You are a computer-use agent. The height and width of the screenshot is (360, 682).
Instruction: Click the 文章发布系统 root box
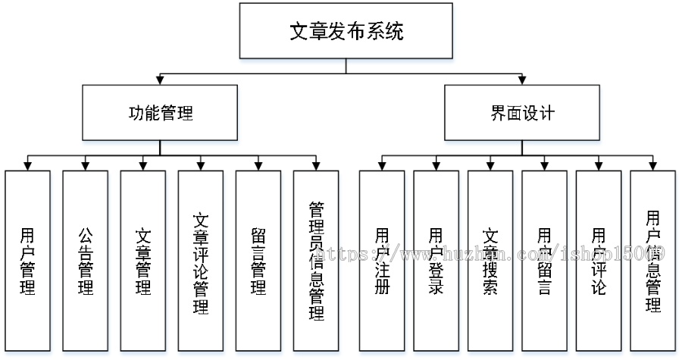(346, 32)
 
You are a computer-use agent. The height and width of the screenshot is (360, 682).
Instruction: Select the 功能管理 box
(161, 114)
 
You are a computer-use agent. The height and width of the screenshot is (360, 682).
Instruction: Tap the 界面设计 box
(523, 114)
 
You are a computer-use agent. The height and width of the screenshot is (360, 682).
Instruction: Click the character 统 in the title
(395, 32)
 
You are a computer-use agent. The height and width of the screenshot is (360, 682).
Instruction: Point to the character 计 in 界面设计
(547, 114)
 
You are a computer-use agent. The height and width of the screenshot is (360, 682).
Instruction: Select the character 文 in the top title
(299, 32)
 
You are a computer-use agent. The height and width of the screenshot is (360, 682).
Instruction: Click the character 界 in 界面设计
(499, 114)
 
